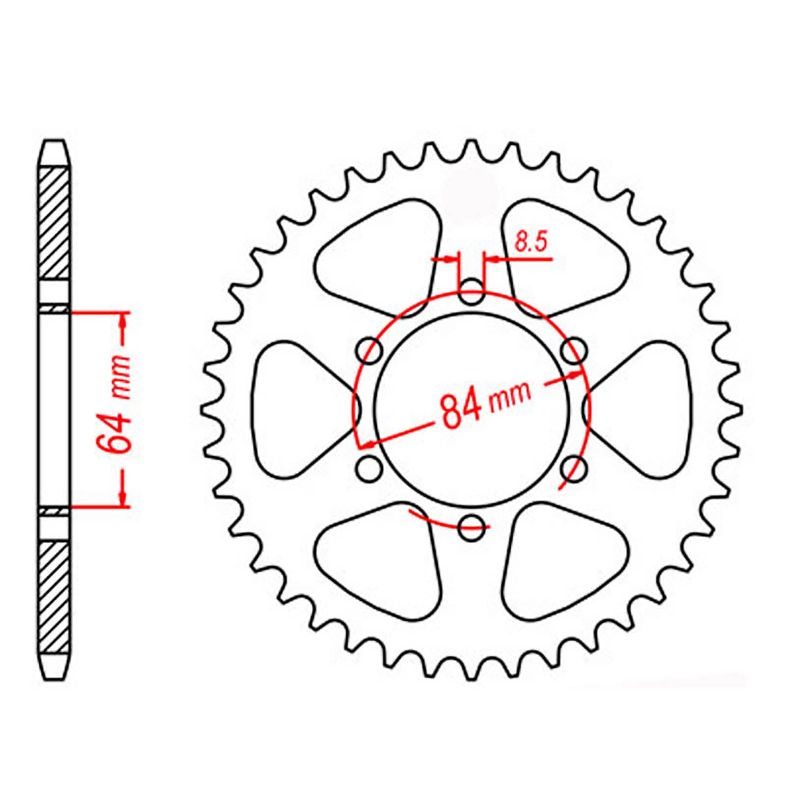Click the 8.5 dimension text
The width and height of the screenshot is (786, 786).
pyautogui.click(x=530, y=243)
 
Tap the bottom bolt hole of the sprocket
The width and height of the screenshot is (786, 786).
pyautogui.click(x=472, y=528)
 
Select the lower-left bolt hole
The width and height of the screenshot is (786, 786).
pyautogui.click(x=369, y=468)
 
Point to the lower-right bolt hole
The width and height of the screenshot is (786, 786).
pyautogui.click(x=574, y=468)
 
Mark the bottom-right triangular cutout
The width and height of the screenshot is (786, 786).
pyautogui.click(x=560, y=560)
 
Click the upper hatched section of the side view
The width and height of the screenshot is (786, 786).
pyautogui.click(x=54, y=224)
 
